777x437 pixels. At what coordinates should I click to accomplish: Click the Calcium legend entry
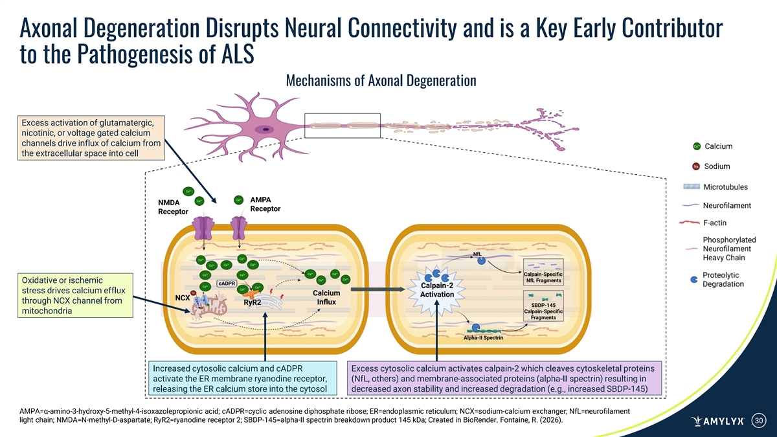click(x=717, y=146)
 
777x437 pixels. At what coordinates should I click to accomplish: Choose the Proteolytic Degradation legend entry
click(x=723, y=280)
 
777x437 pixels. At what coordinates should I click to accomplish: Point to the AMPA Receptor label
click(x=264, y=204)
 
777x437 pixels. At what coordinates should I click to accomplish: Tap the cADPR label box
click(x=226, y=284)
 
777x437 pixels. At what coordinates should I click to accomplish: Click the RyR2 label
click(x=253, y=302)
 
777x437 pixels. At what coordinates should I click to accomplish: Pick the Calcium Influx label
click(x=326, y=297)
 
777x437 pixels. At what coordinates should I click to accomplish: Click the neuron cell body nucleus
click(x=265, y=129)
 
